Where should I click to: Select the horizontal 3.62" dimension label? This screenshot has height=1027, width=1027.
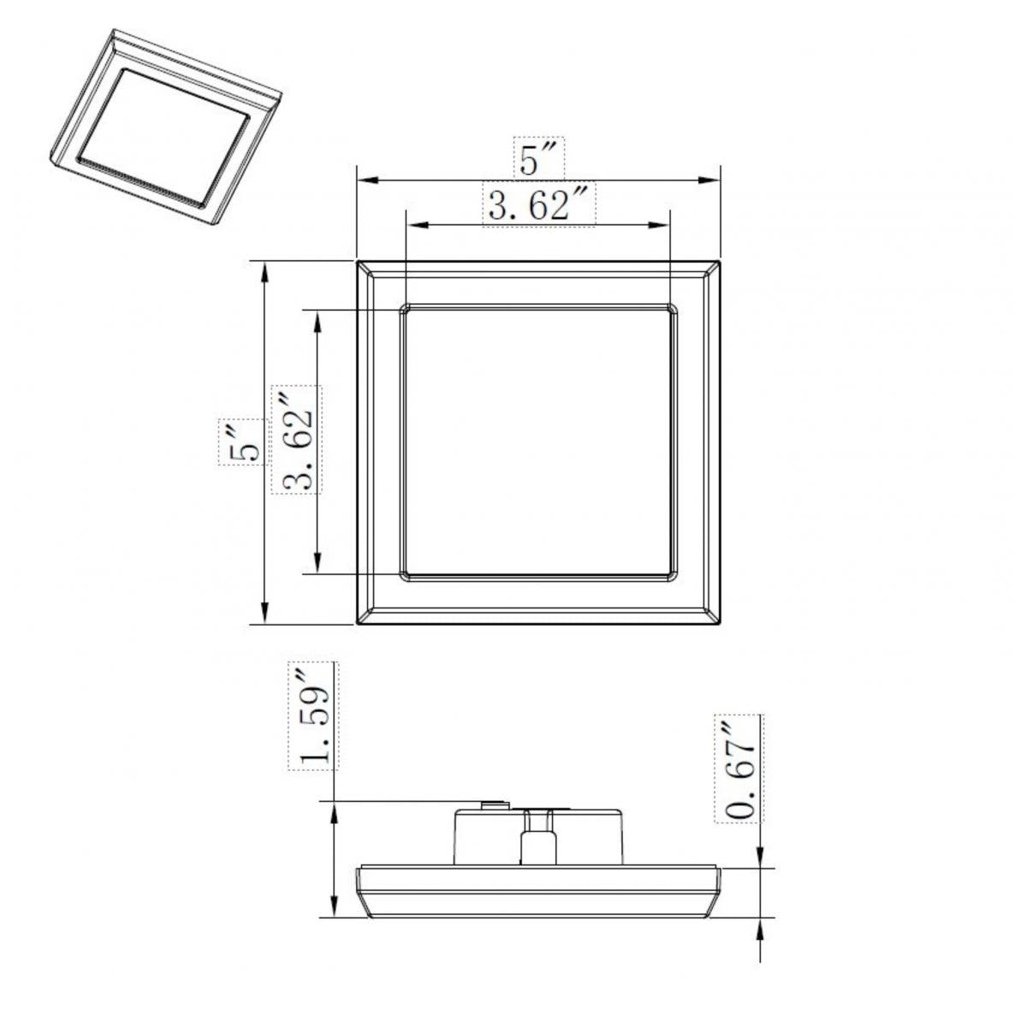tap(539, 205)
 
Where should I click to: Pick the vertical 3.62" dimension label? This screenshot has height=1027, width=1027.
tap(297, 440)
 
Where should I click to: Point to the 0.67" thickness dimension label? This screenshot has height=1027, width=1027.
tap(739, 768)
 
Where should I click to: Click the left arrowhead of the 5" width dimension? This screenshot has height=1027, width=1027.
tap(367, 180)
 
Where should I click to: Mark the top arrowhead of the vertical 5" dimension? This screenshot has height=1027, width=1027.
tap(265, 273)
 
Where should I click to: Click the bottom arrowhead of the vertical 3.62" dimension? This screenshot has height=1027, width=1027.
tap(318, 561)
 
